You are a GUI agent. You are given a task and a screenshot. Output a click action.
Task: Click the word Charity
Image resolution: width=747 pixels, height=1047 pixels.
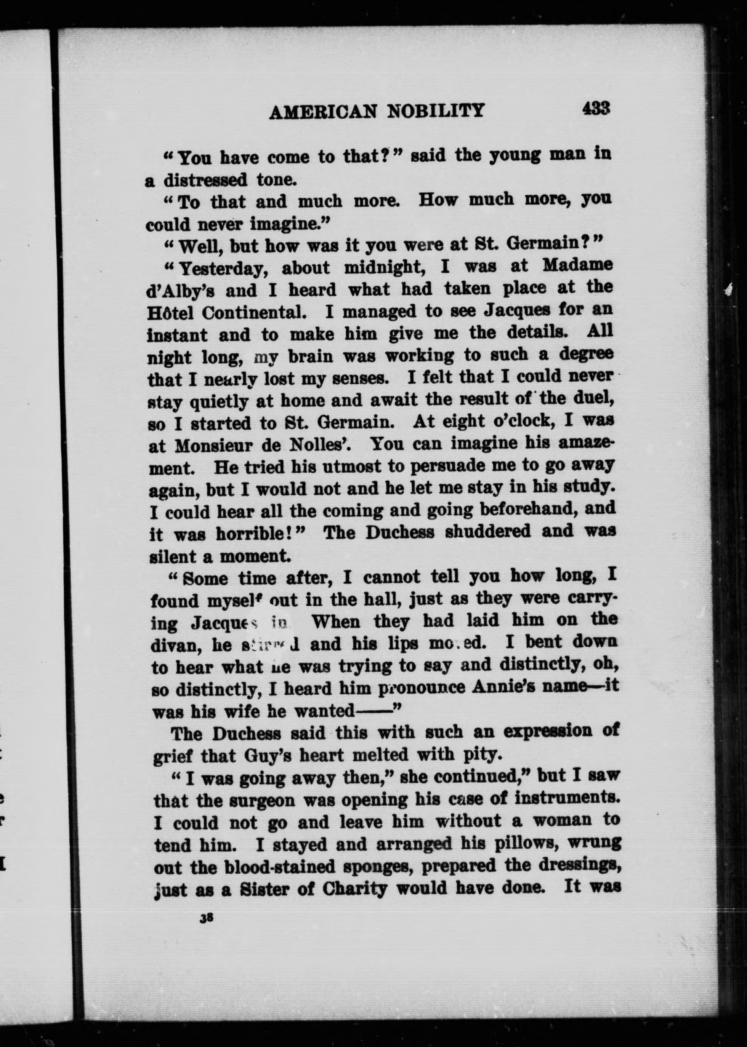354,889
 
